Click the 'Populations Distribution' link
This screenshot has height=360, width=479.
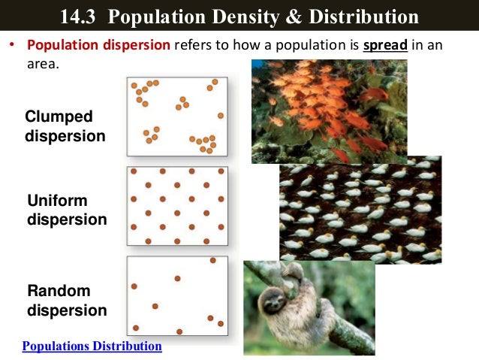click(x=92, y=346)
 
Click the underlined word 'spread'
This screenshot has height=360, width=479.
click(x=385, y=45)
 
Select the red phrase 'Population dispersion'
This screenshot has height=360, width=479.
click(x=98, y=45)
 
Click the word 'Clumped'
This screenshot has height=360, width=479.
click(x=59, y=116)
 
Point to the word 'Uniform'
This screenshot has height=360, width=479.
click(x=57, y=201)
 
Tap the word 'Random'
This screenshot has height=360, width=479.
click(x=59, y=291)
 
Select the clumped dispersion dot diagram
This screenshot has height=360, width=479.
click(x=177, y=116)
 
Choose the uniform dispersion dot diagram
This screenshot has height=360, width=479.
click(x=177, y=206)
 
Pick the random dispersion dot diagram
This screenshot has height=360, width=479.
click(x=177, y=295)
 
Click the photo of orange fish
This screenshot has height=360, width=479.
click(x=329, y=111)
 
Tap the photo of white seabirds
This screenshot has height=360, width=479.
click(x=360, y=210)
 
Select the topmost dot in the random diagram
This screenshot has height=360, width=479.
click(x=213, y=261)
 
